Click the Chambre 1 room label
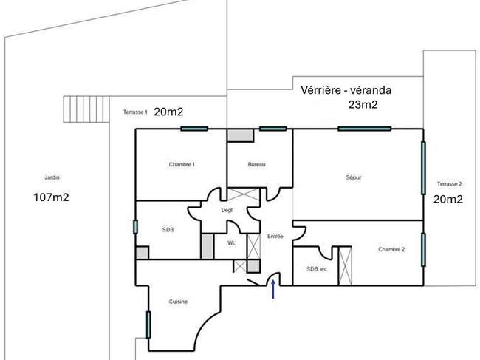coord(182,165)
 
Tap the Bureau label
coord(256,165)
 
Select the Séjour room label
coord(354,177)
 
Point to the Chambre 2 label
coord(391,249)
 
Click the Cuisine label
coord(178,302)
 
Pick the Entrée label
coord(275,237)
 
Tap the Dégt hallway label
coord(227,210)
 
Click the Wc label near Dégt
coord(231,243)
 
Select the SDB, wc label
coord(317,269)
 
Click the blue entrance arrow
coord(273,289)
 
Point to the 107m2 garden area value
coord(51,197)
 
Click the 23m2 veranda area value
coord(363,104)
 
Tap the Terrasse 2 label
coord(450,184)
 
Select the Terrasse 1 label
coord(135,112)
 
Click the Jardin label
coord(52,177)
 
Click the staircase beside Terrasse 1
coord(86,109)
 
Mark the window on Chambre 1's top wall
coord(194,129)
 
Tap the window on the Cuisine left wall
coord(148,325)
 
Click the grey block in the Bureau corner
coord(240,136)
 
